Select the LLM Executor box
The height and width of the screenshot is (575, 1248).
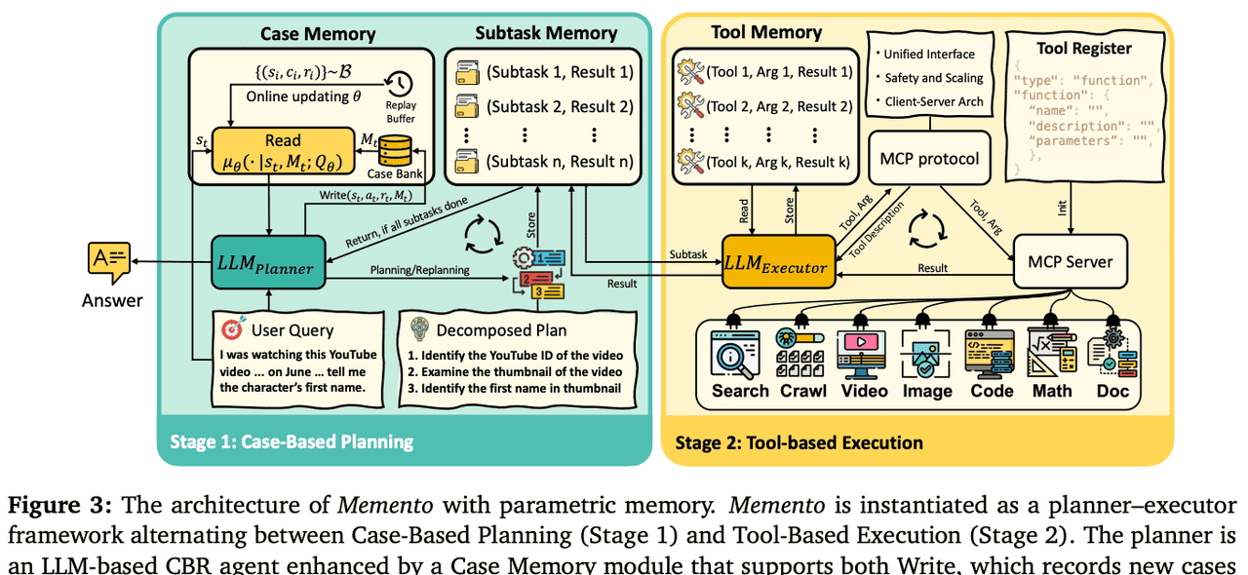tap(778, 263)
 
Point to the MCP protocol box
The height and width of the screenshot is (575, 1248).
tap(929, 157)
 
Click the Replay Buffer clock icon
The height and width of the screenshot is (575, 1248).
tap(401, 85)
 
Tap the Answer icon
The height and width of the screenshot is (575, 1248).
tap(109, 261)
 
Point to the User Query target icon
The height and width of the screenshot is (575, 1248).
tap(230, 329)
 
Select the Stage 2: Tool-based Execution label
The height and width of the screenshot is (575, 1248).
tap(799, 442)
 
